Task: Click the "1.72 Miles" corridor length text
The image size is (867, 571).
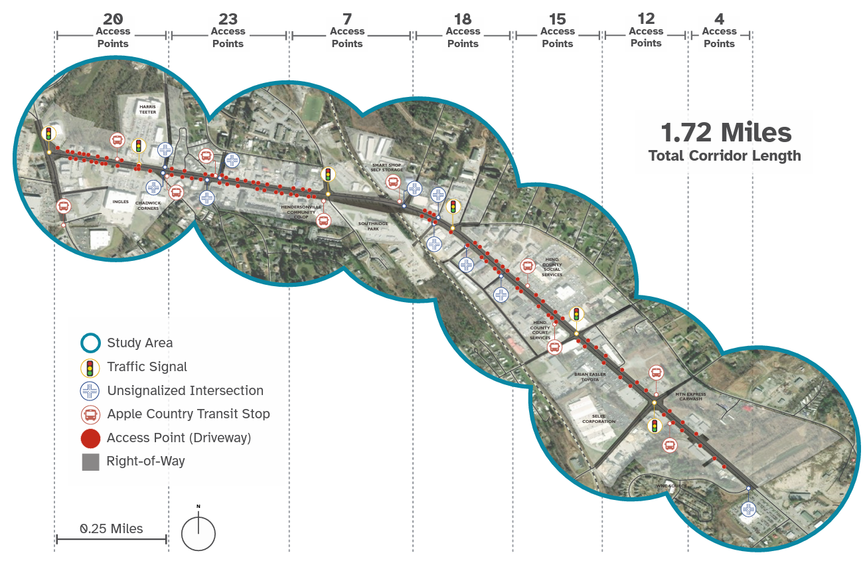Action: tap(726, 133)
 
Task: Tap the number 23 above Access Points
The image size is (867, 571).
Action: tap(228, 19)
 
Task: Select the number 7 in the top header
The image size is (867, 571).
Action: tap(347, 19)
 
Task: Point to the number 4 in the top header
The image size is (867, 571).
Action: tap(720, 19)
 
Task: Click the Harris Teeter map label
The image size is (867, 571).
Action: tap(147, 110)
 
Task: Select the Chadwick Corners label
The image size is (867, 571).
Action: tap(147, 205)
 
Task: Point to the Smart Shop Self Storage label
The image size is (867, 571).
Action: tap(387, 167)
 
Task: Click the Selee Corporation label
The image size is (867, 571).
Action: tap(599, 418)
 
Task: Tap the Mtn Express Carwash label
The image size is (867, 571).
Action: tap(691, 397)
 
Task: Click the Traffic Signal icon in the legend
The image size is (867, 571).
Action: tap(90, 367)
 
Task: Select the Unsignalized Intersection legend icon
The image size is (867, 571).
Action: tap(90, 391)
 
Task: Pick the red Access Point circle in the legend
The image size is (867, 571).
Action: tap(90, 438)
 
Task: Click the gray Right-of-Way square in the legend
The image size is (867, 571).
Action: tap(90, 461)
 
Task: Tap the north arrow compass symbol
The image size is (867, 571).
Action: tap(198, 532)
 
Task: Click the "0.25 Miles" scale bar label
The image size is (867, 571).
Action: tap(112, 529)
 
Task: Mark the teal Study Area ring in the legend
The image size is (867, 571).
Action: tap(90, 343)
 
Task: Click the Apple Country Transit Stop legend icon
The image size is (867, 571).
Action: tap(90, 414)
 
